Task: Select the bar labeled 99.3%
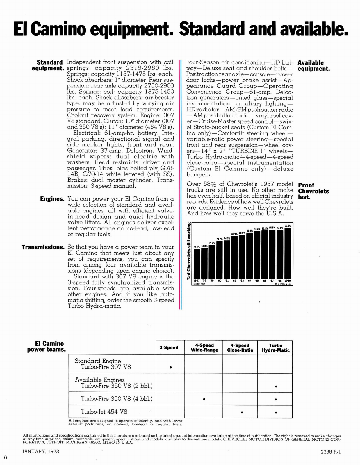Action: click(288, 253)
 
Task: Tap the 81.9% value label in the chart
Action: click(234, 234)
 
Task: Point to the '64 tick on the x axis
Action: click(249, 281)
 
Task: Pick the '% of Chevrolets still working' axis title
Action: click(189, 251)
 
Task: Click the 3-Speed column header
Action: click(169, 348)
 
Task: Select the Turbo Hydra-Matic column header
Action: click(276, 348)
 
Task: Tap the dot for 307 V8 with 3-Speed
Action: click(171, 367)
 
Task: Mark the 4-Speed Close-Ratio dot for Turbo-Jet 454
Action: click(242, 412)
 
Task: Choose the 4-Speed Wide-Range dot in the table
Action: click(204, 399)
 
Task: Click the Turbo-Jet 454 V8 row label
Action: click(104, 412)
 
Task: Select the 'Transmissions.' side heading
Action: click(43, 247)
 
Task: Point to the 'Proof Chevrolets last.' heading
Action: click(313, 191)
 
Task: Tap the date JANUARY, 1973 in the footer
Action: click(41, 451)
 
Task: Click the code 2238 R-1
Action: click(330, 452)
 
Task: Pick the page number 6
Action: click(5, 457)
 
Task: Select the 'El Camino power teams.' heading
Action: click(46, 346)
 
